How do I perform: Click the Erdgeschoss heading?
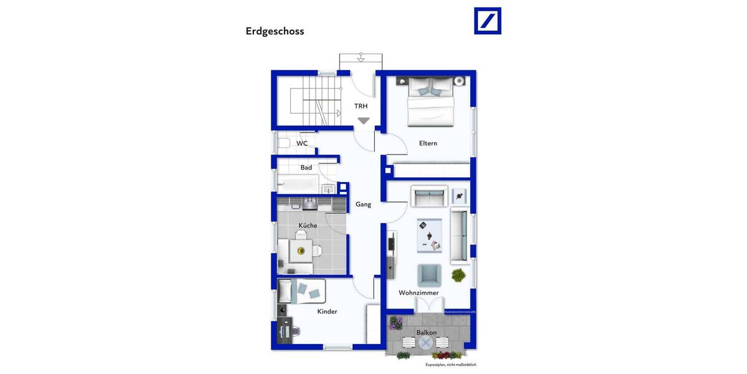click(x=275, y=31)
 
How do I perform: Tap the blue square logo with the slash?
click(x=487, y=21)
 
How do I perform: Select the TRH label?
click(x=361, y=106)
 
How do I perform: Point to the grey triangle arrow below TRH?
click(x=363, y=121)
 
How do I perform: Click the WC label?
click(x=302, y=143)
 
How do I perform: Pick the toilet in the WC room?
click(x=283, y=143)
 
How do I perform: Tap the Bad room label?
click(x=306, y=168)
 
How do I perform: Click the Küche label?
click(x=308, y=226)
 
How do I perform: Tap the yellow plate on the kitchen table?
click(x=301, y=251)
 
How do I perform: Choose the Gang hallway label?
click(x=363, y=204)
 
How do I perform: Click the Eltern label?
click(x=428, y=143)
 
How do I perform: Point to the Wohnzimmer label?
click(x=419, y=292)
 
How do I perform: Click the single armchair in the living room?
click(x=429, y=274)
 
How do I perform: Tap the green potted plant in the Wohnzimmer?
click(x=459, y=274)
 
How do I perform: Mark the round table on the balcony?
click(x=426, y=343)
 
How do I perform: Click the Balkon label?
click(x=426, y=332)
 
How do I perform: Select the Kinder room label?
click(x=327, y=311)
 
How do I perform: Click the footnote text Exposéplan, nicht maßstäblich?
click(x=451, y=365)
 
